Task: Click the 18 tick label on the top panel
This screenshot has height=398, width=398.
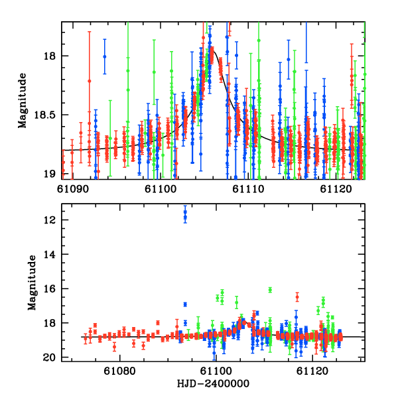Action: (51, 55)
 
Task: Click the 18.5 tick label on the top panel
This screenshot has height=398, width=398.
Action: (46, 115)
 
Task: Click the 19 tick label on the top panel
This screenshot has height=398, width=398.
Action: (51, 174)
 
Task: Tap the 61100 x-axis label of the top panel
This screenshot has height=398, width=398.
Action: (159, 188)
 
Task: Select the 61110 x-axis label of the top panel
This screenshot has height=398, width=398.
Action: (247, 188)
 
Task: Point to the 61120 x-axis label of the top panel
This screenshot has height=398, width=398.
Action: (334, 188)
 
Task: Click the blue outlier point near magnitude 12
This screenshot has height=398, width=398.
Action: (185, 214)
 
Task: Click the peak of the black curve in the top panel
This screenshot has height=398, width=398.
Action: (213, 50)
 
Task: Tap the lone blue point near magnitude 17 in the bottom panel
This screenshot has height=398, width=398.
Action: (185, 304)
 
